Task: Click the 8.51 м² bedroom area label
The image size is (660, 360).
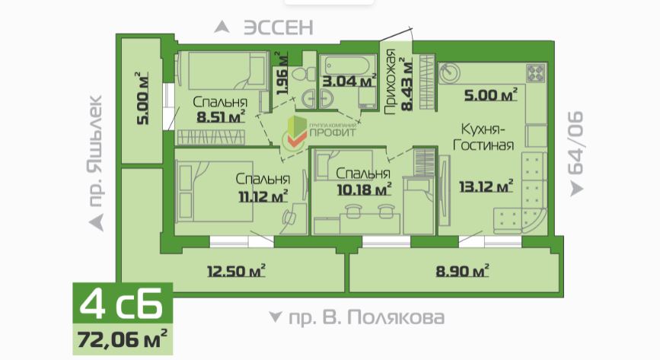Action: pos(221,116)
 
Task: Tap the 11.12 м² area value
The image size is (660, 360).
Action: pos(263,196)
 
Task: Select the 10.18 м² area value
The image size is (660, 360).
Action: pos(364,189)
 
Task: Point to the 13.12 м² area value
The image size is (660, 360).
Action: pos(486,186)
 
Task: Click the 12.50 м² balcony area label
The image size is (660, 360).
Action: pos(236,271)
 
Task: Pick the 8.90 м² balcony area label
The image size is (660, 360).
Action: pos(462,271)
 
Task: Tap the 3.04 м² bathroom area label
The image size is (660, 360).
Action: pos(349,81)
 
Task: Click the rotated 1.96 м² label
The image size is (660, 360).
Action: pos(282,73)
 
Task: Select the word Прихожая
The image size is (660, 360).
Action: pos(391,81)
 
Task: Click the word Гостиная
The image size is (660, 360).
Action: pos(483,145)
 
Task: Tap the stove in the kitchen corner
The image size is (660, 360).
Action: pos(536,72)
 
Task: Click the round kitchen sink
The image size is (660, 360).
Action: pos(449,73)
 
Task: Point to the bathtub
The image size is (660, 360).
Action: pos(347,65)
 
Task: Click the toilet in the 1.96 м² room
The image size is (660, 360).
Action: pos(304,75)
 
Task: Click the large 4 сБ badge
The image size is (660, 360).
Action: pos(123,303)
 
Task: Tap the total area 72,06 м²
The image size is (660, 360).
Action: pos(123,339)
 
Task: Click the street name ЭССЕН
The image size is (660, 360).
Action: pos(279,28)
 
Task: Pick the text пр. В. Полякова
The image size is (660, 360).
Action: pos(366,317)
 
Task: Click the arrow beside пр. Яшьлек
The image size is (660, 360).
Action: pos(97,222)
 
